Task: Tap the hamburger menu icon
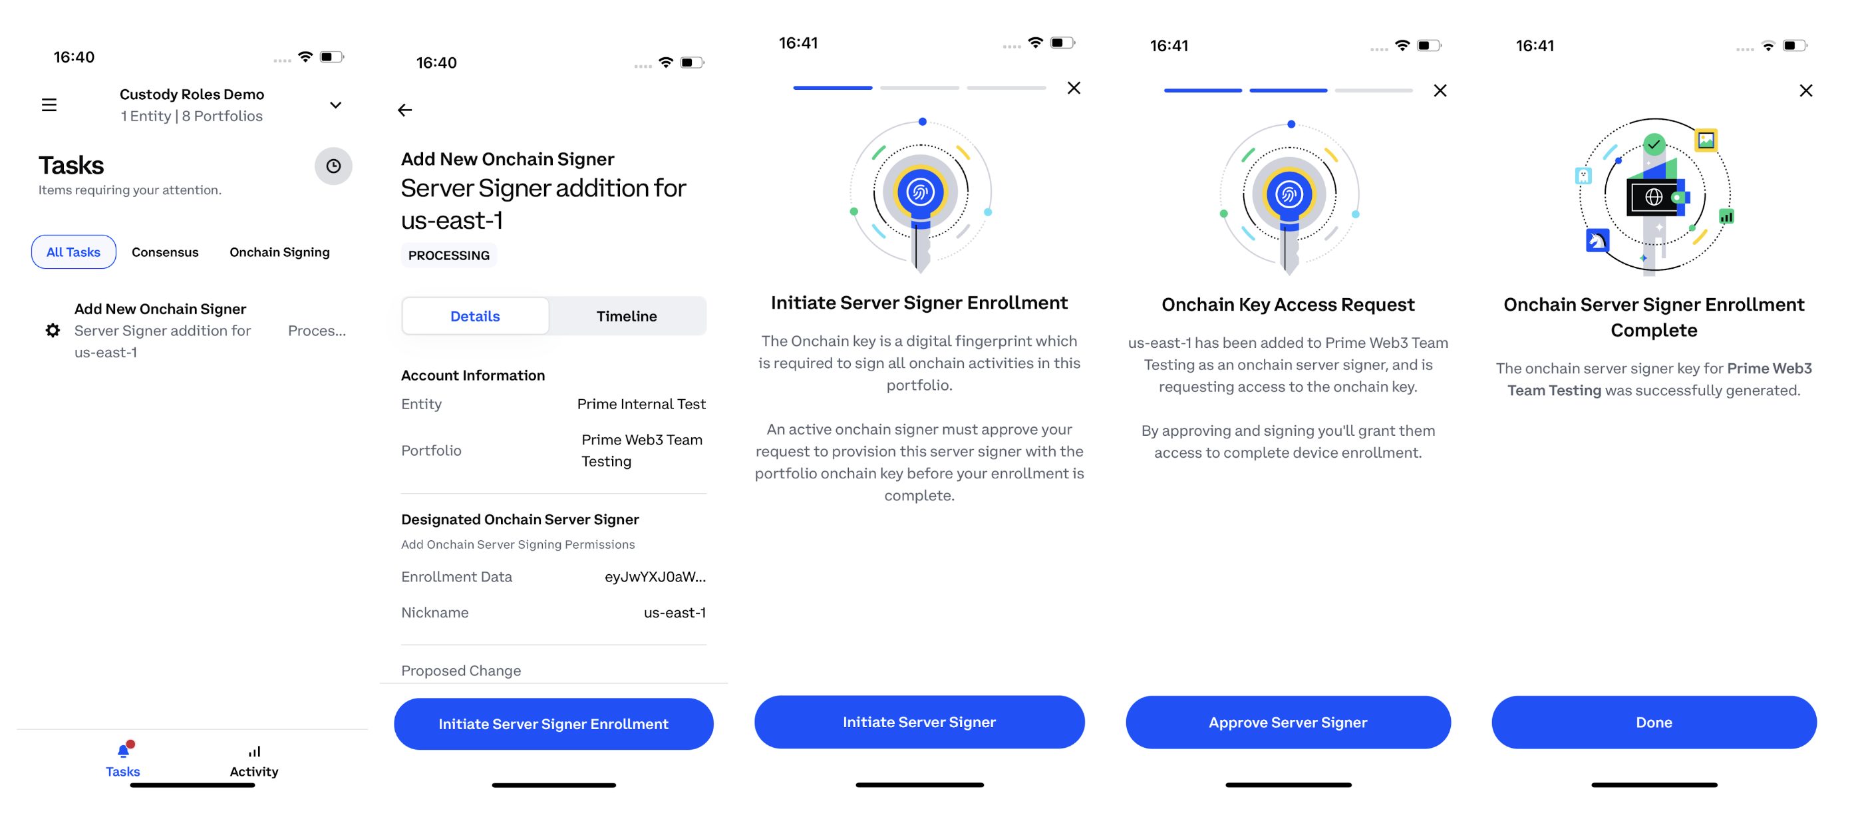(49, 105)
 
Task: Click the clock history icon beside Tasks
(333, 166)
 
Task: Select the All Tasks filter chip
(73, 251)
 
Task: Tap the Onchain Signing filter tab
(279, 251)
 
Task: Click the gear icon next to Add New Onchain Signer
(53, 330)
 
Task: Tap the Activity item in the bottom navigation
(254, 761)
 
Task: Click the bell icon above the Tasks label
(124, 750)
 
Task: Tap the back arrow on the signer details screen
(404, 110)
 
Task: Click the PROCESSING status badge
(448, 255)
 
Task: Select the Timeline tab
(626, 315)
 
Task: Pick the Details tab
(475, 315)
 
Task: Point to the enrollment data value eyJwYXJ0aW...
(655, 577)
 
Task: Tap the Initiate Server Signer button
(919, 722)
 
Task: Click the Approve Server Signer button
(1288, 723)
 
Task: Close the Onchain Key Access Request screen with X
(1440, 90)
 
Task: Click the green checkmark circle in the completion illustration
(1654, 144)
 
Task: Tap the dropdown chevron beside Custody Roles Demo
(336, 105)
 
